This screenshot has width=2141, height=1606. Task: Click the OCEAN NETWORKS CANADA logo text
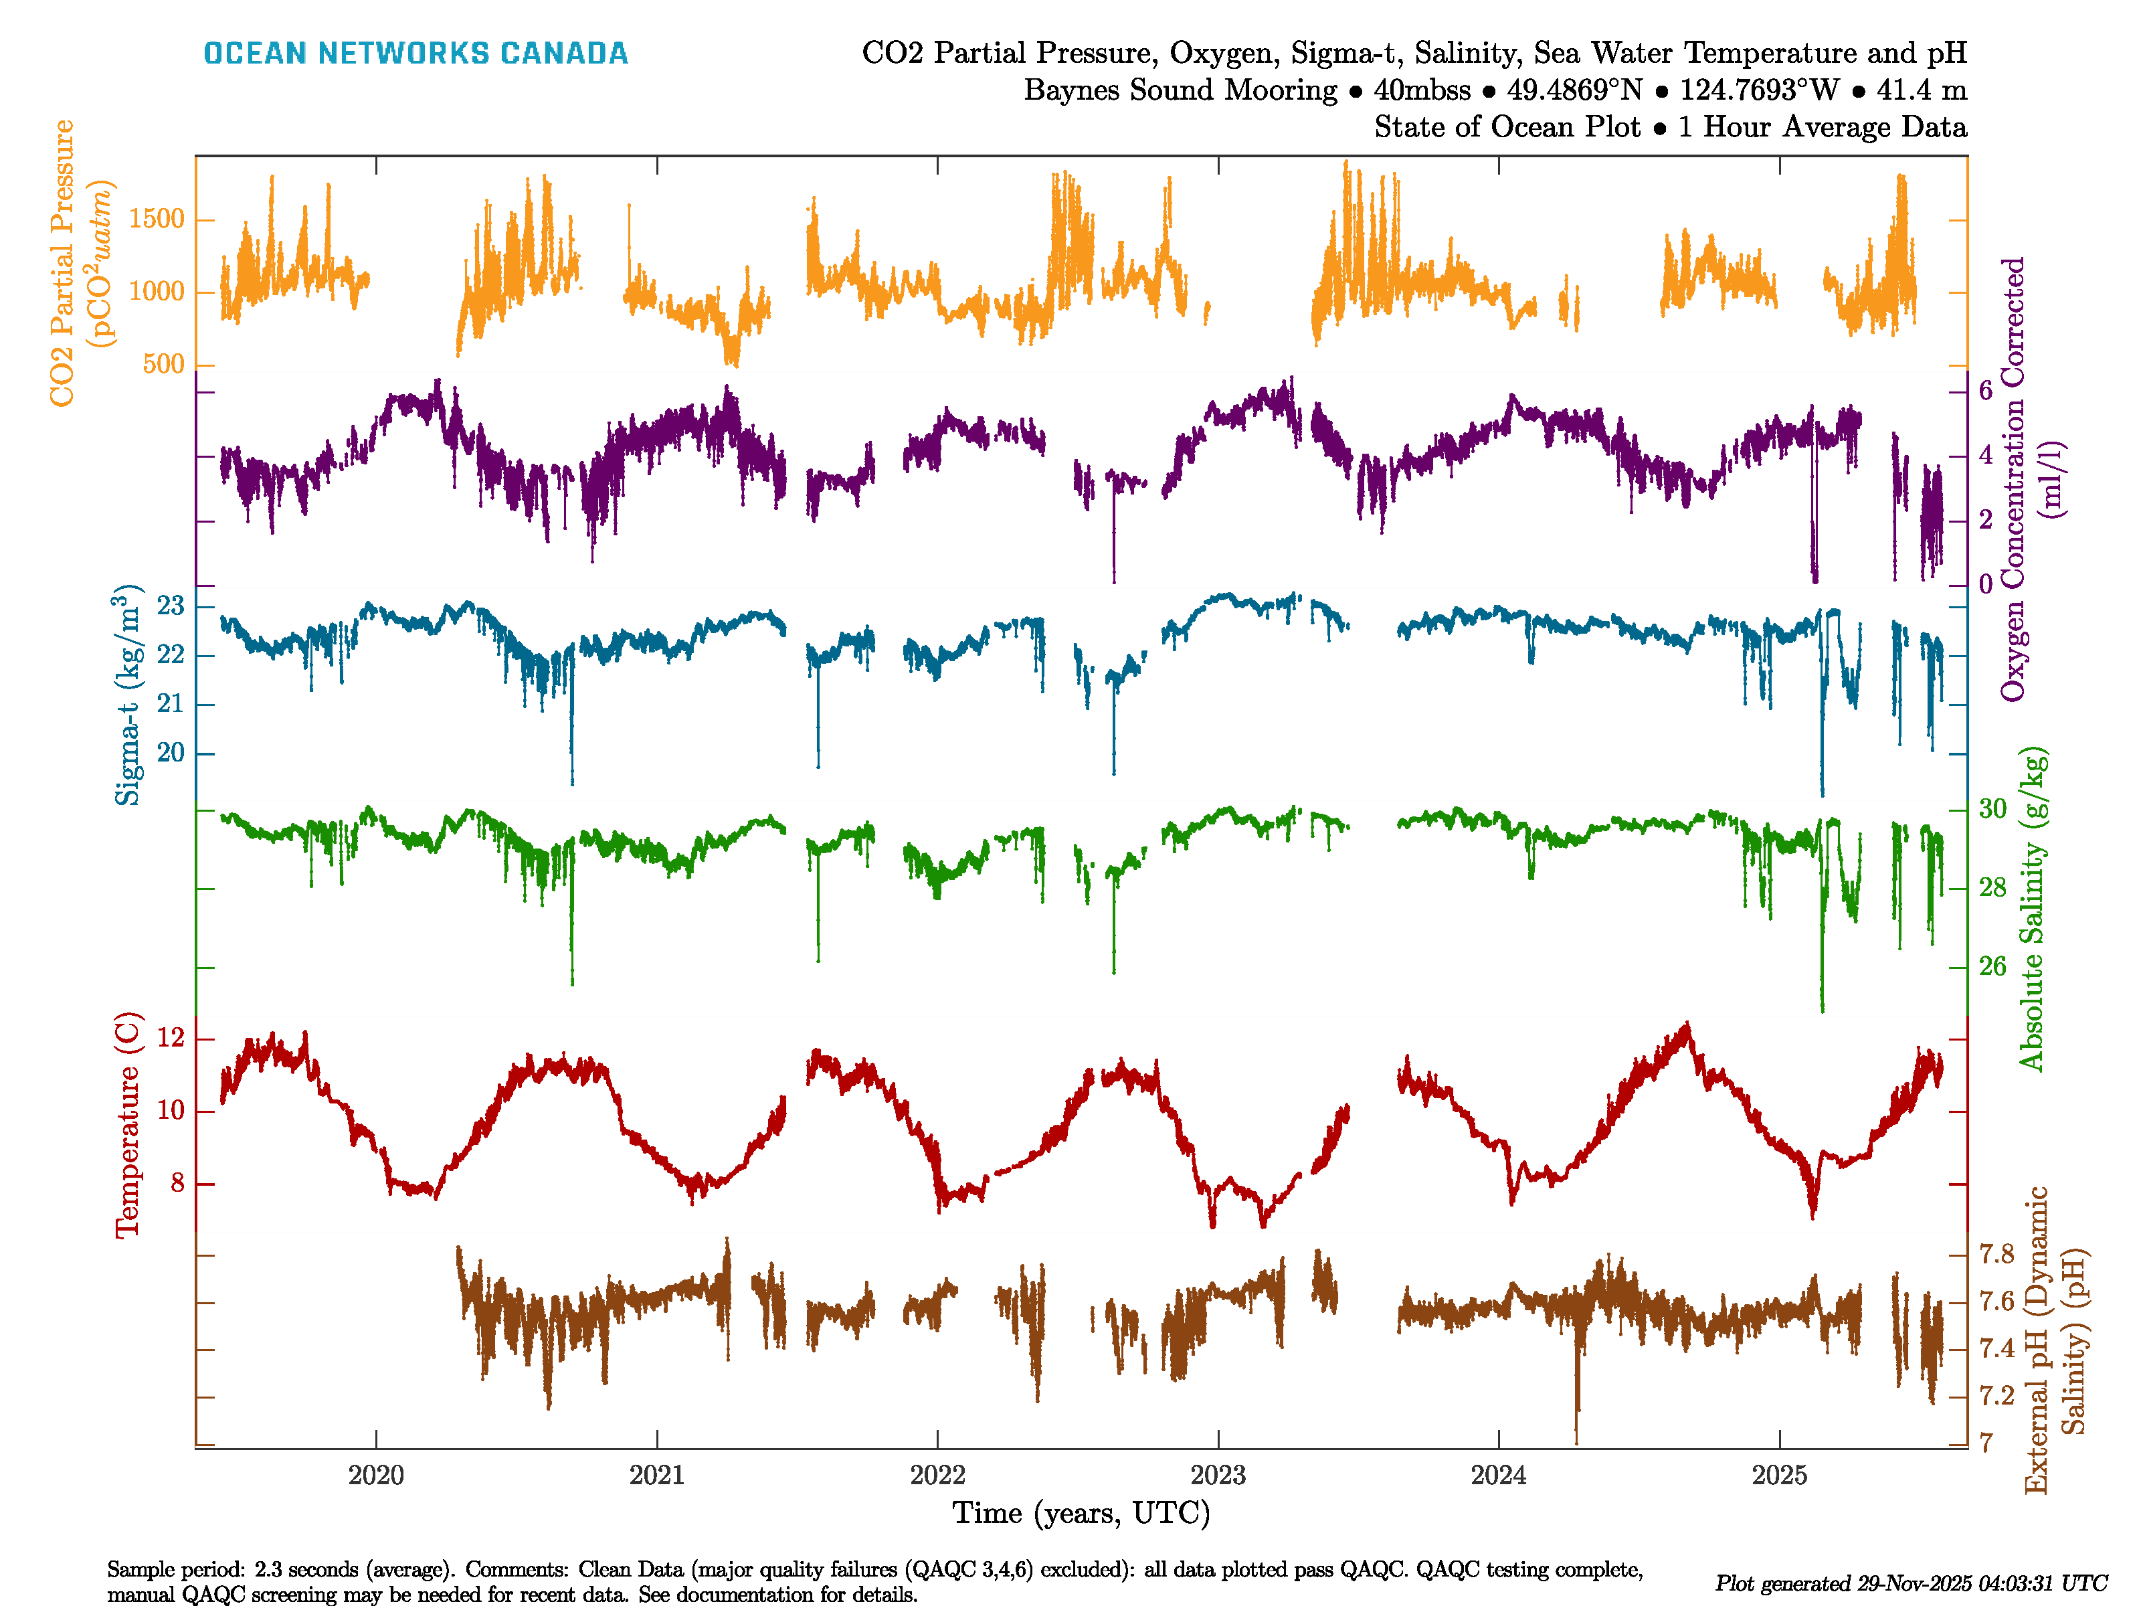tap(415, 54)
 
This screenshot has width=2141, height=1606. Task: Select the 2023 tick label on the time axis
tap(1218, 1476)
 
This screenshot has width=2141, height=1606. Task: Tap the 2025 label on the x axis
tap(1779, 1476)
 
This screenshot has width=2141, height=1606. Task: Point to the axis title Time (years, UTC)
tap(1081, 1513)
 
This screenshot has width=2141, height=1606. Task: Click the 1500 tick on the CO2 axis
tap(156, 219)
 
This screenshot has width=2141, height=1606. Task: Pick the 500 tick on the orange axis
tap(163, 364)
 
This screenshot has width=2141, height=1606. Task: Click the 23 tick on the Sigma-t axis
tap(171, 607)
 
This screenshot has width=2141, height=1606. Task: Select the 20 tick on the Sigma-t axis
tap(171, 753)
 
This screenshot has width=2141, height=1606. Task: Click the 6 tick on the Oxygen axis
tap(1985, 391)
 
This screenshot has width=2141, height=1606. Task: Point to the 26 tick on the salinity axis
tap(1992, 966)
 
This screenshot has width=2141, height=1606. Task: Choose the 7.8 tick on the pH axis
tap(1996, 1255)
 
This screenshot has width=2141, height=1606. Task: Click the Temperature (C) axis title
tap(128, 1125)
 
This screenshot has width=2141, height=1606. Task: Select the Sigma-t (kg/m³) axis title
tap(128, 695)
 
